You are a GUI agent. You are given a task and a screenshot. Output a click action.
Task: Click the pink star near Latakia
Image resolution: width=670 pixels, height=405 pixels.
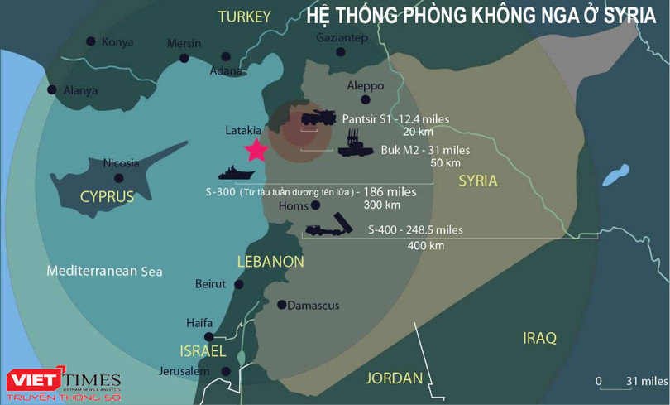256,149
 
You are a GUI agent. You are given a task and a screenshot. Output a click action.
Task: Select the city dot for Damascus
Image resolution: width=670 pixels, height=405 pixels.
281,304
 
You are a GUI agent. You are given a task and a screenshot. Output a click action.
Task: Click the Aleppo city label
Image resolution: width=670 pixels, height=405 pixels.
365,86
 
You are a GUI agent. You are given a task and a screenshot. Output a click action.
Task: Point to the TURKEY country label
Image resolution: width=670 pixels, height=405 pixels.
244,17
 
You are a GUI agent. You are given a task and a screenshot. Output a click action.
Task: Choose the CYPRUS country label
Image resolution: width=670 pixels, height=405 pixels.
107,196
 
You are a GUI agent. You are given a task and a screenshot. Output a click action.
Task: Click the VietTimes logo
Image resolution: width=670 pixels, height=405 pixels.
63,383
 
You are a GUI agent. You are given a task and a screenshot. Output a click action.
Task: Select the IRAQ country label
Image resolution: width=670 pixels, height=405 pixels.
539,338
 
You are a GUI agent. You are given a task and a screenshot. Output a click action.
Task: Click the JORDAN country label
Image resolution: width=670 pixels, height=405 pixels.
394,378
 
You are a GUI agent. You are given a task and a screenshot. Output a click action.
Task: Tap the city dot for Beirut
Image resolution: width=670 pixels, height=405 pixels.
238,284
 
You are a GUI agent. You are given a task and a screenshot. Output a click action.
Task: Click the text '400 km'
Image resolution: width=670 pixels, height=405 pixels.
426,245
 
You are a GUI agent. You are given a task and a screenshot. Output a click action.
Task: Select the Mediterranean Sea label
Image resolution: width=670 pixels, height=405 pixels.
104,271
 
